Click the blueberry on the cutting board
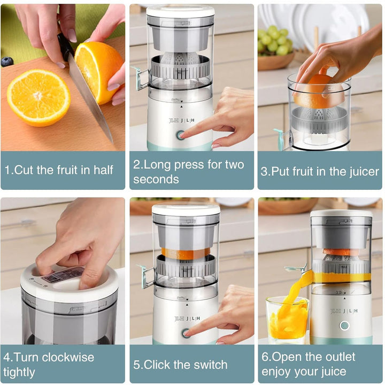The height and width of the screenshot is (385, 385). coord(7,61)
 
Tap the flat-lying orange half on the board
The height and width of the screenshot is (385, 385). coord(38,97)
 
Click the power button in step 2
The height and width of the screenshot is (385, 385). coord(181,135)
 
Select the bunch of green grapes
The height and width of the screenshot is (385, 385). coord(275,40)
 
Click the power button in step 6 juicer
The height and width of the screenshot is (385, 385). coord(344,325)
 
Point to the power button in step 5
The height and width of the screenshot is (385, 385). coord(186,333)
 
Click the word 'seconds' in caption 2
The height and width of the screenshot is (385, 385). coord(156,180)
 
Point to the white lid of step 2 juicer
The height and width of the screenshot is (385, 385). coord(180,11)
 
